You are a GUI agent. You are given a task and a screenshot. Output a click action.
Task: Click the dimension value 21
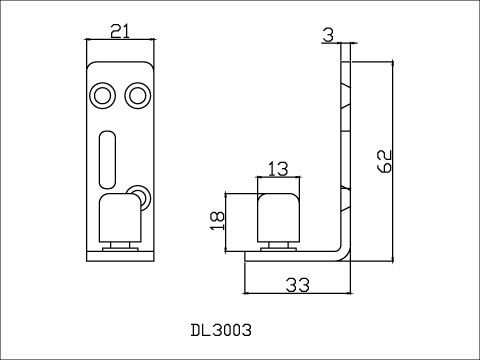[x=120, y=32]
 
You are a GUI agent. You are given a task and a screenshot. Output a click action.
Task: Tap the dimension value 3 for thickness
[x=328, y=35]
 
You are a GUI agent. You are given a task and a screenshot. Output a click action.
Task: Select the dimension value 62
[x=384, y=161]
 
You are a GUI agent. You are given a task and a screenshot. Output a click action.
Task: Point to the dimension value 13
[x=278, y=169]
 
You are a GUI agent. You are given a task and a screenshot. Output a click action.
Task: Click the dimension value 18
[x=217, y=221]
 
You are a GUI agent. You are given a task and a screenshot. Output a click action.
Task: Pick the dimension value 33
[x=297, y=285]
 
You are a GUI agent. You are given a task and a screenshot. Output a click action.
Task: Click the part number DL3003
[x=221, y=330]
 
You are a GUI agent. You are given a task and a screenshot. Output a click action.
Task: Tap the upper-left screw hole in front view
[x=103, y=96]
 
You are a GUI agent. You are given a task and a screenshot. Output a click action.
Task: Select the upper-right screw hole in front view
[x=138, y=96]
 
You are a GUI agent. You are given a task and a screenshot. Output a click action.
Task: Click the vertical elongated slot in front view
[x=107, y=159]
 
